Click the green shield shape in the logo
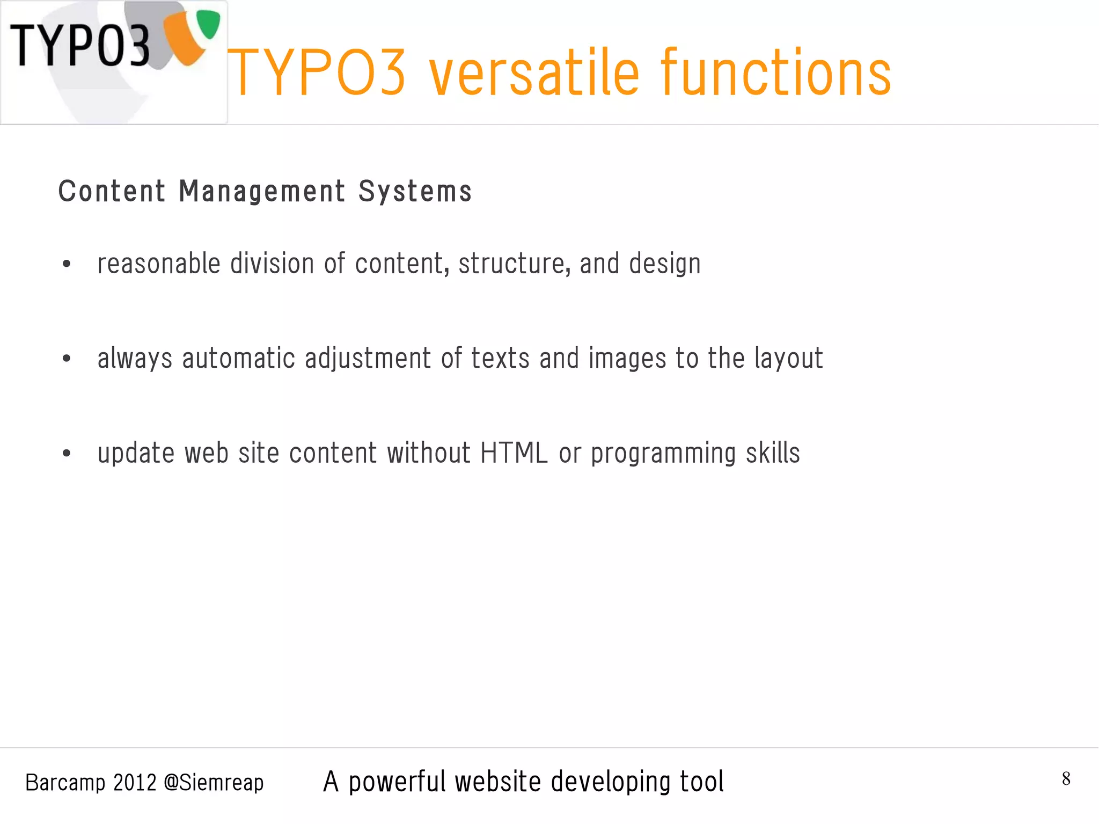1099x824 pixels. tap(208, 24)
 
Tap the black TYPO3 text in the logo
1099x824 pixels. tap(80, 46)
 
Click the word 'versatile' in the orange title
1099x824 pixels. tap(534, 73)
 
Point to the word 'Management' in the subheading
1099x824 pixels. tap(262, 192)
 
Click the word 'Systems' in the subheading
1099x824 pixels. tap(415, 192)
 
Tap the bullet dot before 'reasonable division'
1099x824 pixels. tap(67, 264)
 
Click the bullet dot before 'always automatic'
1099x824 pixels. tap(67, 358)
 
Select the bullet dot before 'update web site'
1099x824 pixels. tap(67, 453)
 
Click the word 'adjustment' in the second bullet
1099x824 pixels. tap(368, 359)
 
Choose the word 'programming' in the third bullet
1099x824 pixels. tap(663, 454)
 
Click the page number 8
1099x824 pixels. tap(1066, 778)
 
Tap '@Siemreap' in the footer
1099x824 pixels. tap(214, 783)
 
